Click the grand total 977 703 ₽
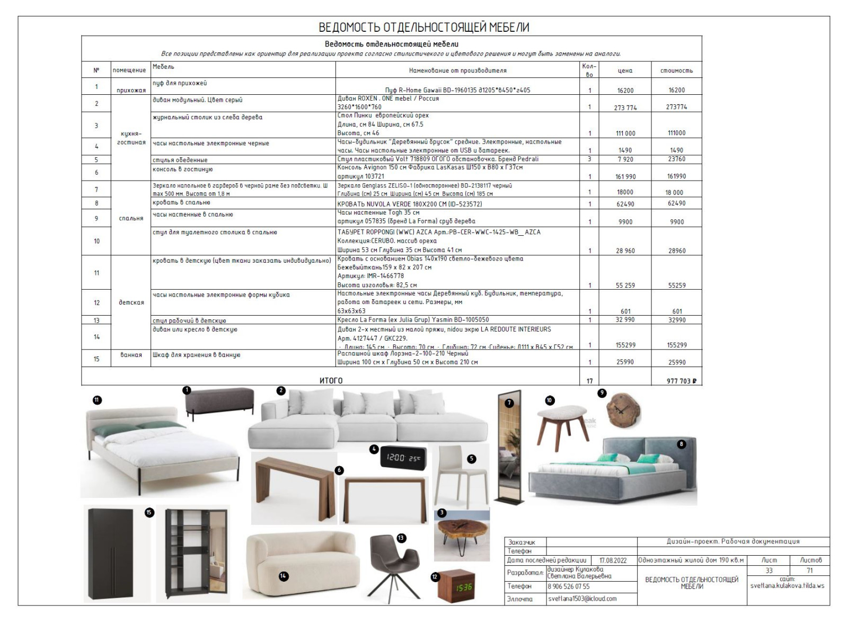[x=681, y=381]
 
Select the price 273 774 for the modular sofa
[x=625, y=108]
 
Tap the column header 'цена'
[x=625, y=70]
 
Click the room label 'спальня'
[x=131, y=218]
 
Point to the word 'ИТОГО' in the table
[x=331, y=380]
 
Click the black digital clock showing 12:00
[x=403, y=458]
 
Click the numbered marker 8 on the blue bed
[x=682, y=444]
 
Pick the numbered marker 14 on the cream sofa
[x=284, y=576]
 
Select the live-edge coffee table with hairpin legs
[x=461, y=534]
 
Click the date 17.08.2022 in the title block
[x=613, y=560]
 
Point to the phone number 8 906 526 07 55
[x=568, y=586]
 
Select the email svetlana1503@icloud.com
[x=582, y=599]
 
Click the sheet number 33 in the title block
[x=768, y=570]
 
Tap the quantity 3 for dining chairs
[x=589, y=159]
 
